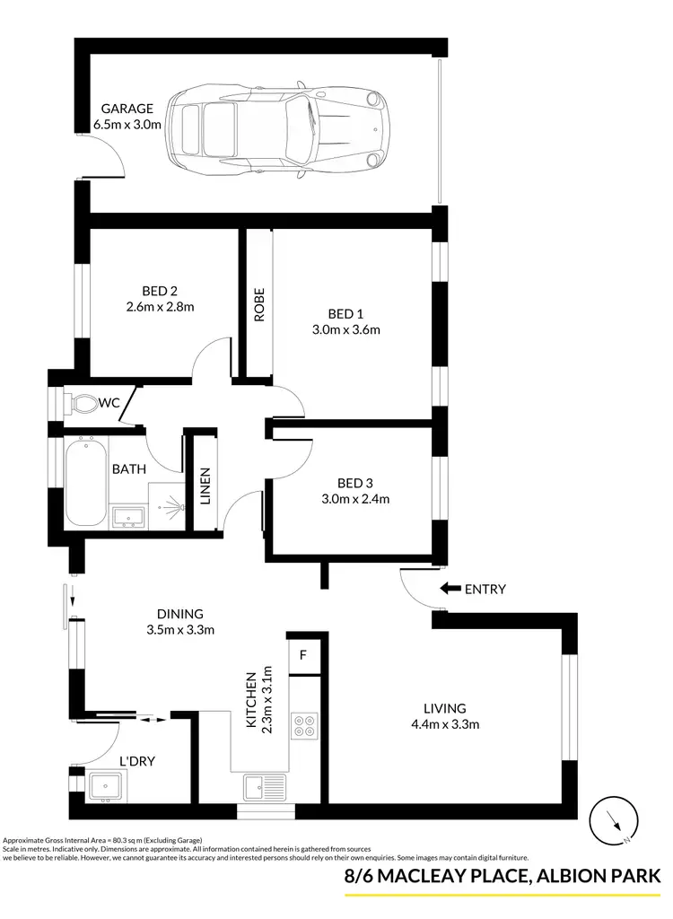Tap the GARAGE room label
coord(127,109)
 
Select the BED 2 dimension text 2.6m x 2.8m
coord(160,306)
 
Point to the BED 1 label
coord(345,313)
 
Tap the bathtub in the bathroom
coord(85,481)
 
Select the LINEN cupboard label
coord(205,485)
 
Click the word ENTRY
coord(485,590)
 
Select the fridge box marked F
coord(303,654)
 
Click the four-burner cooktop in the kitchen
coord(304,723)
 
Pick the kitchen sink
coord(264,788)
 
